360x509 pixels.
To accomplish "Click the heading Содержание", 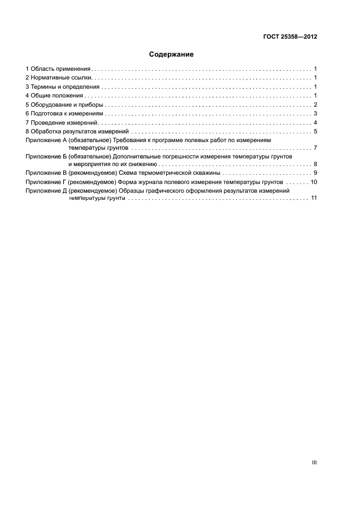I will [172, 54].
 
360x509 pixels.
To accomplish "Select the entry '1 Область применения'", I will [58, 69].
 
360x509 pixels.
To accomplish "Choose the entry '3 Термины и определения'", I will [63, 87].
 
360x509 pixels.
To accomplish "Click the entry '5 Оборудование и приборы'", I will [64, 105].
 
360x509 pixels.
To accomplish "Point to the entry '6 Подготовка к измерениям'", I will [65, 114].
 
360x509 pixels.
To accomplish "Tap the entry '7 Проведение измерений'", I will [60, 122].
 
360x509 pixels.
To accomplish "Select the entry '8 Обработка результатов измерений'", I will [77, 132].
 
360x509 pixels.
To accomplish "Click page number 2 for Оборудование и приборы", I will [315, 105].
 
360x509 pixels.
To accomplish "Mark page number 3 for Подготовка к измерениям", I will [315, 114].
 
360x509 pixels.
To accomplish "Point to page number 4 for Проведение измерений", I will [315, 122].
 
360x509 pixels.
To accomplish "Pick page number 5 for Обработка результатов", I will [315, 132].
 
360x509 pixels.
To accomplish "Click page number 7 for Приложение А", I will [315, 148].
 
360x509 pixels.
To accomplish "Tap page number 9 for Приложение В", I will [315, 173].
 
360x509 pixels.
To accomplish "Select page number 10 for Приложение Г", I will [314, 182].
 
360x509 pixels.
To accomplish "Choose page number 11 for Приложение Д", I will [314, 198].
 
